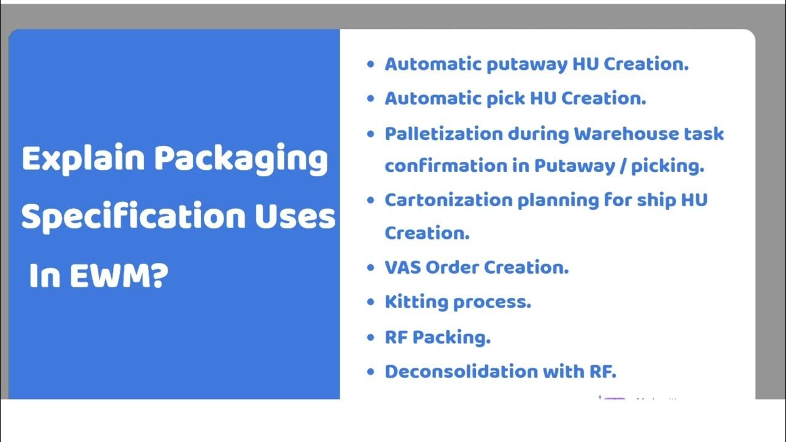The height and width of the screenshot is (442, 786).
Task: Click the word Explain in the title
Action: click(x=84, y=159)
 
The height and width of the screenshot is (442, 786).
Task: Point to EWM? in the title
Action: click(x=118, y=276)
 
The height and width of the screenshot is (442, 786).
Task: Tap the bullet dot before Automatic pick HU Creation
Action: click(x=370, y=98)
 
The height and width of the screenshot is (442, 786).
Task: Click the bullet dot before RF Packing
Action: click(x=370, y=337)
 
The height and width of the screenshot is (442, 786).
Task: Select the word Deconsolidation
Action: click(x=451, y=371)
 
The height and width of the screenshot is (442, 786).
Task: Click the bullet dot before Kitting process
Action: click(x=370, y=302)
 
